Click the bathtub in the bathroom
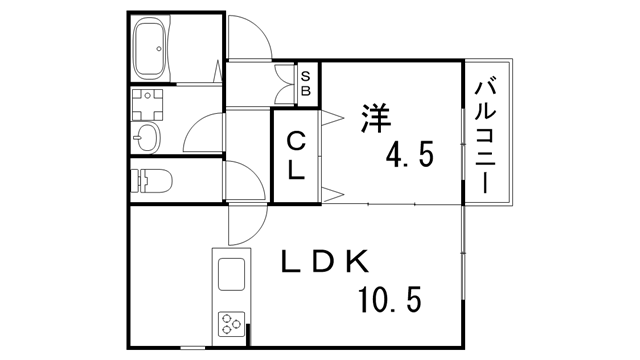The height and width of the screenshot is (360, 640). click(154, 48)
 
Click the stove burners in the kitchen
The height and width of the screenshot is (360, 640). click(230, 322)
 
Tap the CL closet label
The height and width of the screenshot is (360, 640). click(297, 155)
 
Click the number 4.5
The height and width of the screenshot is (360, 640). click(410, 157)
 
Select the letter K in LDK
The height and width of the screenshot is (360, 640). click(361, 263)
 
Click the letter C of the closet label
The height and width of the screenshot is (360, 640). click(297, 141)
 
